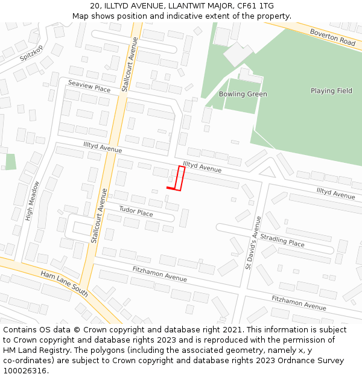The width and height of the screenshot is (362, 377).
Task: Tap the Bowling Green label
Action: click(x=243, y=94)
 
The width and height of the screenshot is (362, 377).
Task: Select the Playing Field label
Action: click(x=331, y=91)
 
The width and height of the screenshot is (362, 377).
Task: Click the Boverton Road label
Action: click(x=332, y=37)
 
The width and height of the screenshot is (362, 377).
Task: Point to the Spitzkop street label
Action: click(x=32, y=53)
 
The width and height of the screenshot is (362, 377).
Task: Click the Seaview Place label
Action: click(x=89, y=86)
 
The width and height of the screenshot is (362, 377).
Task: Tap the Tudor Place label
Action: click(x=136, y=212)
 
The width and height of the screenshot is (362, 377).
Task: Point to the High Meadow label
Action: click(x=32, y=200)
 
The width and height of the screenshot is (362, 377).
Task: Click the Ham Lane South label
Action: click(x=65, y=284)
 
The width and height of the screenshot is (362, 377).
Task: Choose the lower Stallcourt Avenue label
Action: click(x=99, y=215)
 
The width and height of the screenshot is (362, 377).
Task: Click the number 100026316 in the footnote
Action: click(x=25, y=370)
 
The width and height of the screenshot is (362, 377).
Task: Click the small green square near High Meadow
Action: click(x=10, y=162)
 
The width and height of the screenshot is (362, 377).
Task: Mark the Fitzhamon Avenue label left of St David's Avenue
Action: click(x=160, y=273)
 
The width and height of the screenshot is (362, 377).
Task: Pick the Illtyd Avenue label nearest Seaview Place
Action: click(x=103, y=147)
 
